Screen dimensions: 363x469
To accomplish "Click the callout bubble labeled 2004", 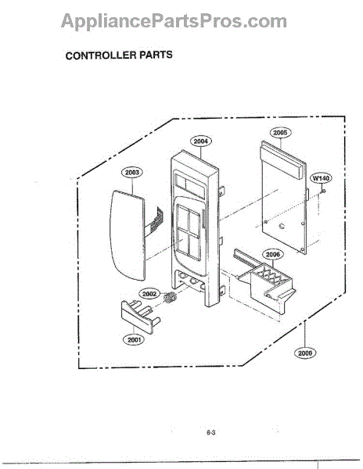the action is pyautogui.click(x=200, y=141).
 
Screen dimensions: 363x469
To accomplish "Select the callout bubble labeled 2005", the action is pyautogui.click(x=280, y=133).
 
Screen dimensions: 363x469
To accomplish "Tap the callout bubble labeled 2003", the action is pyautogui.click(x=132, y=172).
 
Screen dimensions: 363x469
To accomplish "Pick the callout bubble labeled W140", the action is pyautogui.click(x=321, y=178).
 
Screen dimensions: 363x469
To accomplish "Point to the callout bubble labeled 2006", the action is pyautogui.click(x=272, y=255).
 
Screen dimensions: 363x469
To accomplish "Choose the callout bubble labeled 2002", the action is pyautogui.click(x=149, y=294).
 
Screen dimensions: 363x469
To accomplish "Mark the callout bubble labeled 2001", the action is pyautogui.click(x=134, y=340).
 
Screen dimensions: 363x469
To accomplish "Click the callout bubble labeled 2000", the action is pyautogui.click(x=305, y=353).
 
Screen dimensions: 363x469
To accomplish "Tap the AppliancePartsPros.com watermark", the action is pyautogui.click(x=174, y=21).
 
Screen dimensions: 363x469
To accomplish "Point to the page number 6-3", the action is pyautogui.click(x=210, y=432).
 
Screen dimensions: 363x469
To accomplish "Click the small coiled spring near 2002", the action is pyautogui.click(x=171, y=298).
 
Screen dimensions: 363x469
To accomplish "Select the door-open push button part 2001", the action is pyautogui.click(x=140, y=316).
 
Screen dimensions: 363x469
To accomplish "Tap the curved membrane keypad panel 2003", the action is pyautogui.click(x=128, y=234).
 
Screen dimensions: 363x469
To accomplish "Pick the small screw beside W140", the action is pyautogui.click(x=323, y=192).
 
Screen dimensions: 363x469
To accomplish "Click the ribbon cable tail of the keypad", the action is pyautogui.click(x=155, y=220).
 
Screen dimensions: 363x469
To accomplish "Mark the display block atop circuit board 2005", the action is pyautogui.click(x=282, y=160).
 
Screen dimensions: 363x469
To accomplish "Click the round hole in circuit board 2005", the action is pyautogui.click(x=282, y=226).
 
